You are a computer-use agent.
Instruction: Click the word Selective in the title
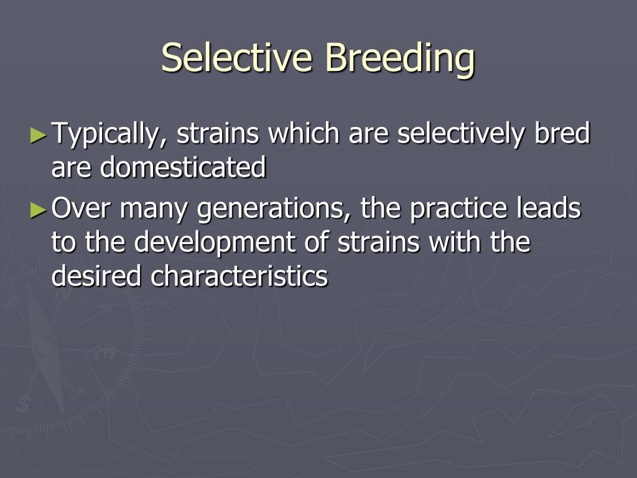point(237,58)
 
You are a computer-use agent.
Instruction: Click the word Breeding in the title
point(400,58)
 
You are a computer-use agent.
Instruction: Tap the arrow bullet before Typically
point(39,134)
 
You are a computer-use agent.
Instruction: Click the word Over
point(81,210)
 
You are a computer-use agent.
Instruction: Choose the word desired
point(98,276)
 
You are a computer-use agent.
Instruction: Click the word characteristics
point(239,276)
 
